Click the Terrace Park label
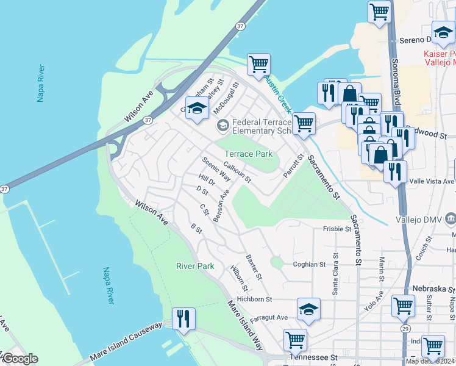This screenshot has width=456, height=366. (249, 154)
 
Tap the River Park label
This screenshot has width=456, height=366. (195, 266)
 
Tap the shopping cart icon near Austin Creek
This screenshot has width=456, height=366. (258, 64)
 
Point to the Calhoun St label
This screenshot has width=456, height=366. (237, 171)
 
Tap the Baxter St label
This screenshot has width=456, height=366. (254, 267)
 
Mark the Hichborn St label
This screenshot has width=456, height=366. (254, 300)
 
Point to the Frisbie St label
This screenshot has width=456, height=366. (337, 230)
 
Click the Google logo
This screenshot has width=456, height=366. (20, 359)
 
